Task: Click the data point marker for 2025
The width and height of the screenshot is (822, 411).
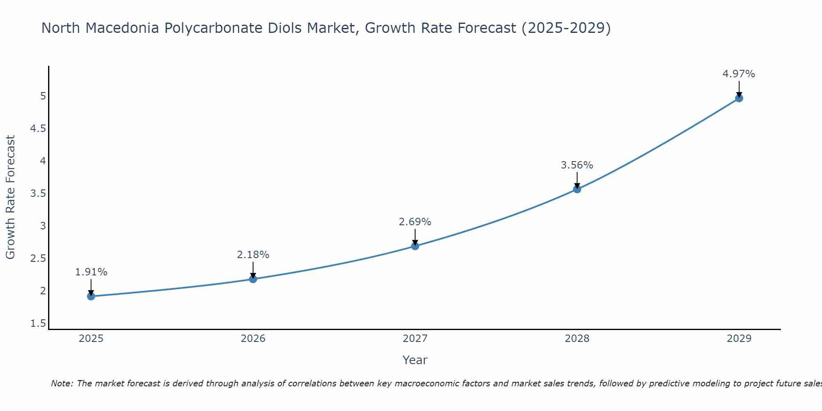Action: tap(91, 296)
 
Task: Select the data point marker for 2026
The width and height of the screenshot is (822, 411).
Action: tap(253, 279)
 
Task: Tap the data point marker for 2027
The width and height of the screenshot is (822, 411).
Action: tap(415, 246)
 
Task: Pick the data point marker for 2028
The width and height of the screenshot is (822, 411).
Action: tap(577, 189)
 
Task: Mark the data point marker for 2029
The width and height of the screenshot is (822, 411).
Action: tap(739, 98)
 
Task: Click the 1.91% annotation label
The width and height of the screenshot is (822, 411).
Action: tap(91, 272)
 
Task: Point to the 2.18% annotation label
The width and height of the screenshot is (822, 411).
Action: tap(253, 255)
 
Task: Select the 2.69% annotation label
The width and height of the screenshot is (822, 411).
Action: tap(415, 222)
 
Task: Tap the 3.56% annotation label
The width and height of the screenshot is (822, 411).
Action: tap(577, 165)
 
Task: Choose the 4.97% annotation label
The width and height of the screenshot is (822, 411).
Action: tap(739, 74)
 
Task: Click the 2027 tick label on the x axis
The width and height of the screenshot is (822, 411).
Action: tap(415, 339)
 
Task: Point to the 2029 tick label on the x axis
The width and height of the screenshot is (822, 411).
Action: tap(739, 339)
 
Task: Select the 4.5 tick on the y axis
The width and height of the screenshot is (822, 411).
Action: tap(38, 129)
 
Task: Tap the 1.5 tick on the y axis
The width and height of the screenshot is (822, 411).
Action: tap(38, 323)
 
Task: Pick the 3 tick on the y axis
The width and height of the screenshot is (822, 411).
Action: tap(43, 226)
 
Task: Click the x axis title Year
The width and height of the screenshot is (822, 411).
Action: tap(415, 360)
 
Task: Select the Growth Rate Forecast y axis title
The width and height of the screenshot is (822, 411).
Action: tap(10, 197)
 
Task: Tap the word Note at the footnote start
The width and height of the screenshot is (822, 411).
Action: tap(62, 383)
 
